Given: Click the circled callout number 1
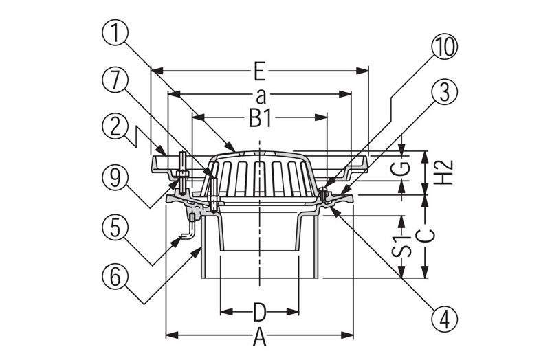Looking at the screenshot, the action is [115, 32].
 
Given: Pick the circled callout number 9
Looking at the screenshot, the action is [115, 178].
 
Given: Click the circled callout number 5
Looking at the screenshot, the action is [115, 228].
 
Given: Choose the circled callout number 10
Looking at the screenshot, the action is [444, 46].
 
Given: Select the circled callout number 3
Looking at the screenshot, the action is [444, 93].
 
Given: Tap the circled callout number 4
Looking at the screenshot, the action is [444, 319].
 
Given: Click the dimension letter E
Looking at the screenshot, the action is [259, 73].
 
